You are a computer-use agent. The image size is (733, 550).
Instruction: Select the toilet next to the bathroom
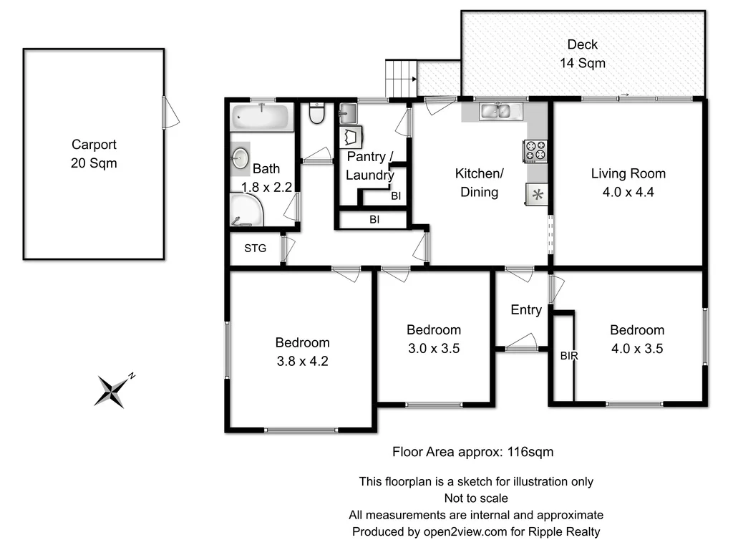(316, 113)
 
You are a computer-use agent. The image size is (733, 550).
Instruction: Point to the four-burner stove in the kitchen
(535, 150)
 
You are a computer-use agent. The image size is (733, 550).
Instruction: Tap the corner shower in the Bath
(246, 211)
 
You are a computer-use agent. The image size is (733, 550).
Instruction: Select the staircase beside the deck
(401, 78)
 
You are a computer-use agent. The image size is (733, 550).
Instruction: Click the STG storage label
(256, 249)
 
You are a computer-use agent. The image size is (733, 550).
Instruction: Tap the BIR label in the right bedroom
(569, 354)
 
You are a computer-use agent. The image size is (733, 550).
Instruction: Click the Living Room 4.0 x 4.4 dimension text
(628, 192)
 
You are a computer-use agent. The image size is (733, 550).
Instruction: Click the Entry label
(526, 309)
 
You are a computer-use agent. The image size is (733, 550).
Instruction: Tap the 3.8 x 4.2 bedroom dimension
(302, 361)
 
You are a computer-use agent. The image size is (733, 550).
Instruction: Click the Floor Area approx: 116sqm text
(472, 452)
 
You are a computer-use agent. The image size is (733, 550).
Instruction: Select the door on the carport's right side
(170, 113)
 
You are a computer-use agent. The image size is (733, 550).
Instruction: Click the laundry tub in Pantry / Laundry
(348, 113)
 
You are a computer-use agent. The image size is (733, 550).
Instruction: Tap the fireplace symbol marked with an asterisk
(537, 194)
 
